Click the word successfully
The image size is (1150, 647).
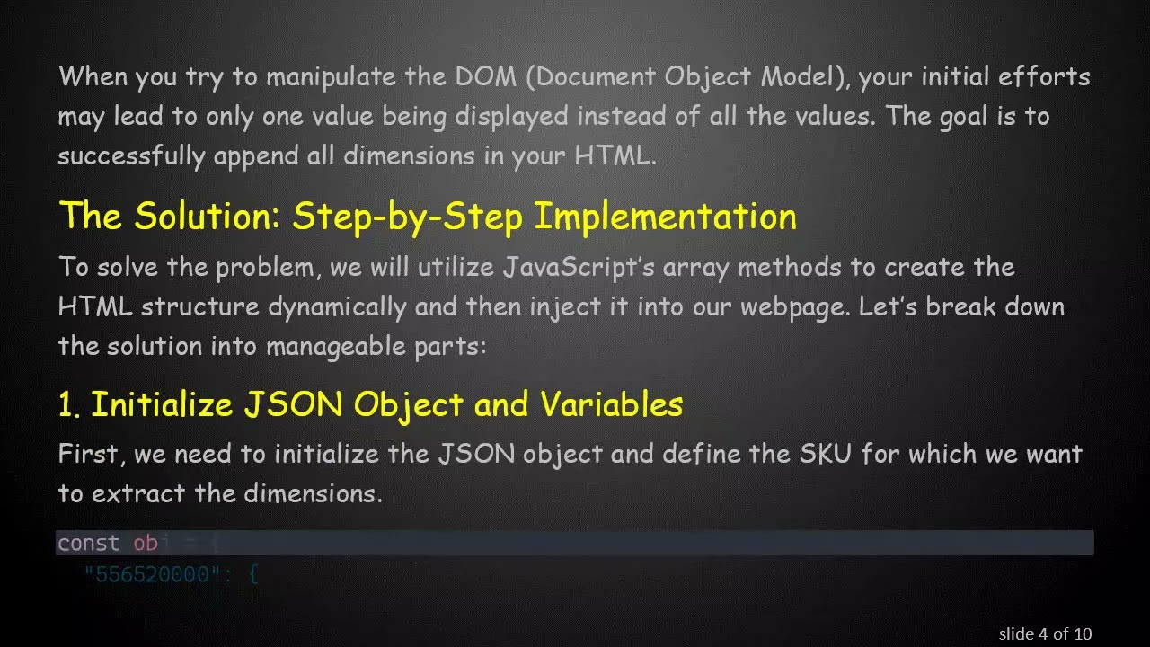(131, 155)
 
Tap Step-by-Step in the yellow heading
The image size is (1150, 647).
(409, 217)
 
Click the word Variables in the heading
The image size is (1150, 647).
(611, 404)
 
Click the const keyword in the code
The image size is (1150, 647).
(88, 543)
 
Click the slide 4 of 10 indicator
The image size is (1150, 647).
(1045, 634)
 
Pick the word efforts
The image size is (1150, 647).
(1044, 76)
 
